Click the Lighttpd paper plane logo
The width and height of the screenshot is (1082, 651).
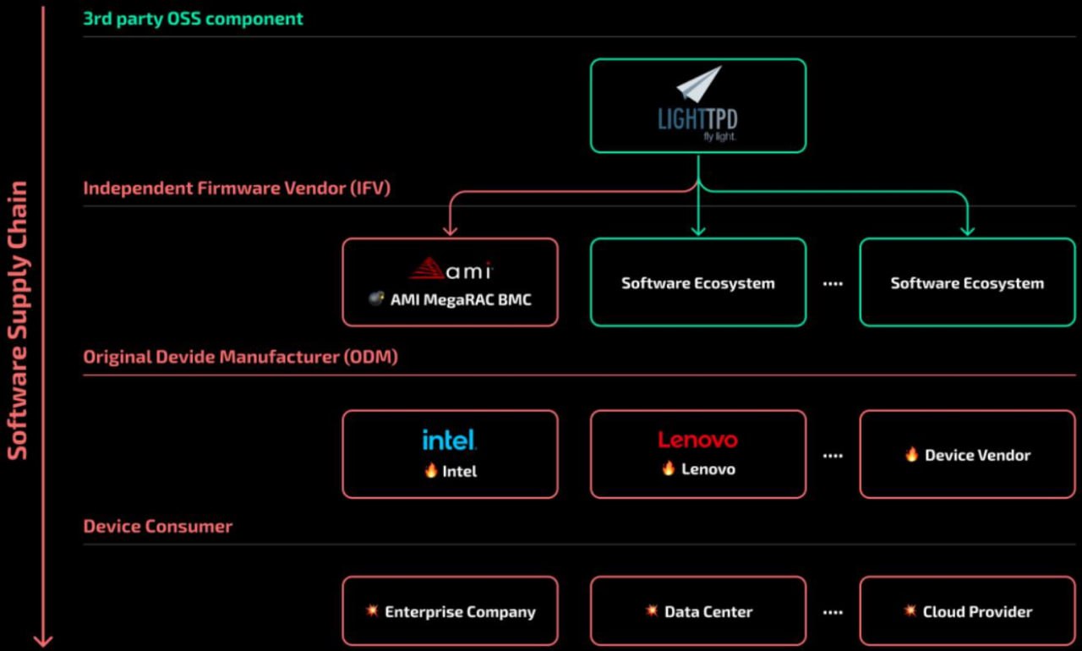tap(699, 85)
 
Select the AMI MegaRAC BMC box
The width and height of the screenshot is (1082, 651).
tap(450, 282)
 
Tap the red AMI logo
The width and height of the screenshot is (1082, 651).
tap(450, 269)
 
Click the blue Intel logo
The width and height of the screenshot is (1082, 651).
tap(450, 440)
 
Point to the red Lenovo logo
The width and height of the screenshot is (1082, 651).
tap(697, 440)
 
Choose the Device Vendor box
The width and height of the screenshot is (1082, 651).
tap(967, 455)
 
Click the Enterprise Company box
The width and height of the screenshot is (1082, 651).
tap(450, 611)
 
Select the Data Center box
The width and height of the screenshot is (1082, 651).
tap(697, 611)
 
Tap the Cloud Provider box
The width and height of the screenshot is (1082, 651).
tap(967, 611)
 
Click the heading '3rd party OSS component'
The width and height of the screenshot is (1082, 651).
tap(193, 18)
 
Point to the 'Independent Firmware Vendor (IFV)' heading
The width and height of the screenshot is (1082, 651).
tap(237, 188)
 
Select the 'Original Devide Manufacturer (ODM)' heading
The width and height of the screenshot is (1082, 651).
tap(240, 357)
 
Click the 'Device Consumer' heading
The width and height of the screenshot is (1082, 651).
tap(157, 526)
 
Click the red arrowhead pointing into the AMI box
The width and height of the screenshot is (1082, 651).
tap(450, 229)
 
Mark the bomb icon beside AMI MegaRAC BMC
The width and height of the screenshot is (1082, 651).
tap(377, 298)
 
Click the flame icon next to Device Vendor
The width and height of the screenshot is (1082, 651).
tap(911, 454)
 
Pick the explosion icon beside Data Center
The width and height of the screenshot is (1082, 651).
tap(652, 610)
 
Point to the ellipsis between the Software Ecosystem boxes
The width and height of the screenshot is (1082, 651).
tap(833, 284)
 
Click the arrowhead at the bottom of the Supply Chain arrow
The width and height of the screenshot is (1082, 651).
tap(42, 640)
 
